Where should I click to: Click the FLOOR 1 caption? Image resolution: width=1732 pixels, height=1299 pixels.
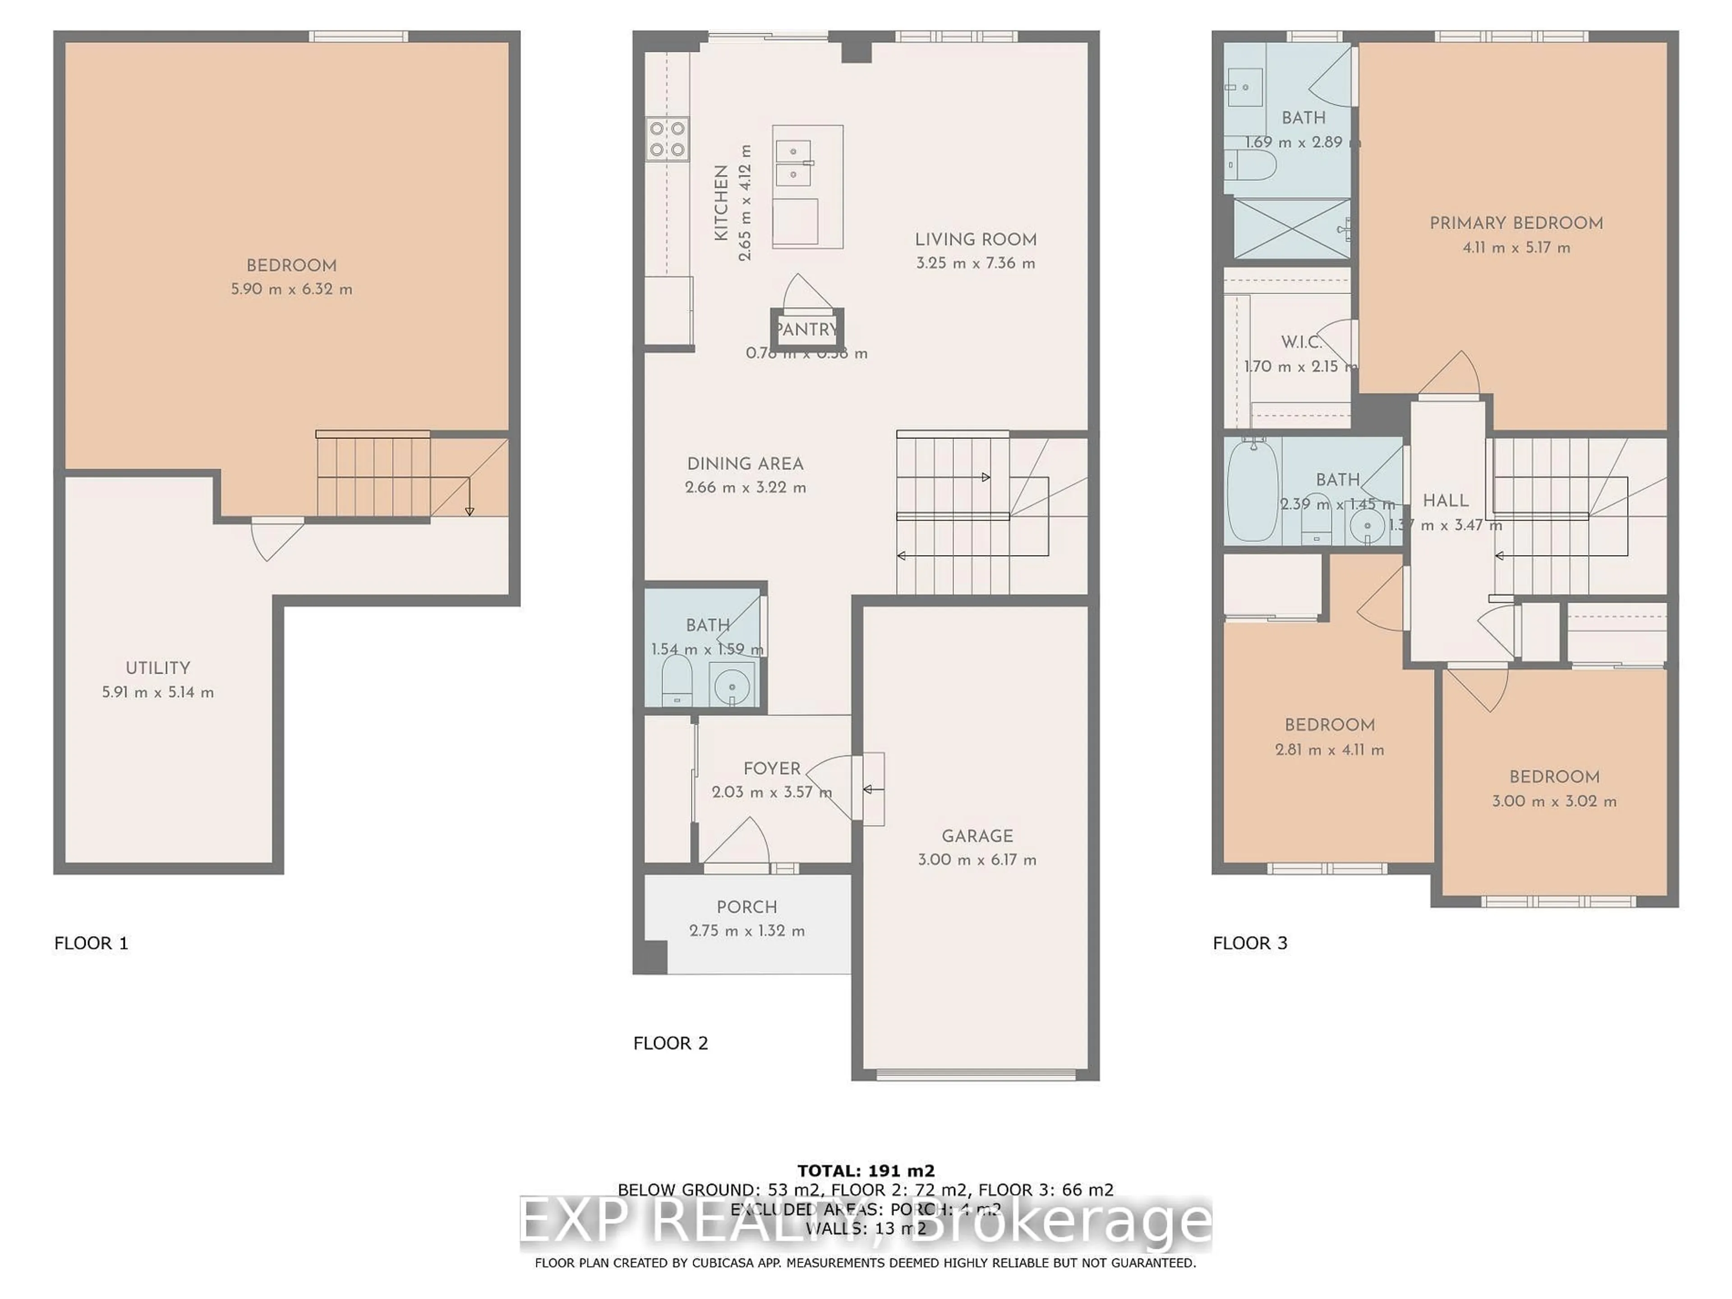pyautogui.click(x=91, y=943)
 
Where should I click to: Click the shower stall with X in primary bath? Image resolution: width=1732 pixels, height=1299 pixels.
pyautogui.click(x=1291, y=228)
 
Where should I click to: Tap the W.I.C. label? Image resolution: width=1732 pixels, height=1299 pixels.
pyautogui.click(x=1300, y=342)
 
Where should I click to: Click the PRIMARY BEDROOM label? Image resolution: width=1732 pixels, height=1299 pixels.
pyautogui.click(x=1516, y=223)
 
